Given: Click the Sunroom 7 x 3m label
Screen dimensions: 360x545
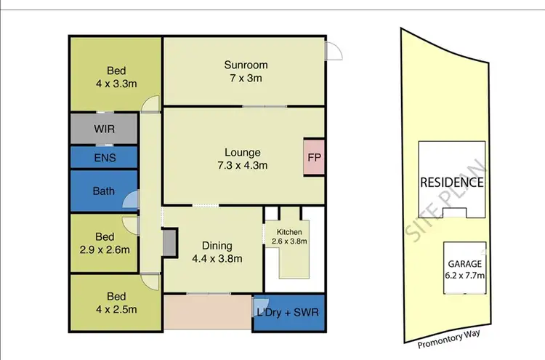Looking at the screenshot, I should (x=244, y=71).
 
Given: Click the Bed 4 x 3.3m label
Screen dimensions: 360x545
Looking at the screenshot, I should (x=116, y=77).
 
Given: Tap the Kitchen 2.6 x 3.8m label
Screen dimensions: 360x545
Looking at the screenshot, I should (x=288, y=236).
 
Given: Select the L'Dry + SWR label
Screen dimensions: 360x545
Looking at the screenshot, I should (x=289, y=313).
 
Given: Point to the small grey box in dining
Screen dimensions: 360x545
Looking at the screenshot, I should (x=170, y=242).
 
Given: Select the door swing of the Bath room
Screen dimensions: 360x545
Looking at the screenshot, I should (x=131, y=199).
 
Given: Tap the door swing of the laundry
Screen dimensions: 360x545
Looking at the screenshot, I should (x=261, y=306).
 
